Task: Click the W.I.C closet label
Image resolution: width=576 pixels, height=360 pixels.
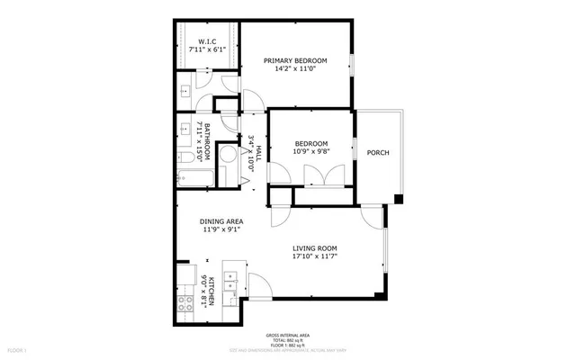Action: click(205, 42)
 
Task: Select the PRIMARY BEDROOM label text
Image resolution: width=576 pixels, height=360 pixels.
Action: click(294, 61)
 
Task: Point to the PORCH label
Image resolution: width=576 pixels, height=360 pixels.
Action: click(378, 153)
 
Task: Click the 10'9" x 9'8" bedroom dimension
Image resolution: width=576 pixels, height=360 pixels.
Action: click(310, 151)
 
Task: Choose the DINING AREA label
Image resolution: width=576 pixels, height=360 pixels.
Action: click(221, 220)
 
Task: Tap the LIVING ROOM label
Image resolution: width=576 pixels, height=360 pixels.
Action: click(314, 247)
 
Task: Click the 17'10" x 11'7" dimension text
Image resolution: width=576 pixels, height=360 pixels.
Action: click(314, 257)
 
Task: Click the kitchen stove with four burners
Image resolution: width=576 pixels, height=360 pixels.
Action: click(188, 304)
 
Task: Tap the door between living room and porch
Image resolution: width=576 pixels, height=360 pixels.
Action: click(371, 216)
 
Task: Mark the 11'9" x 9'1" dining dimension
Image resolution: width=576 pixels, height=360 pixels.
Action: click(221, 230)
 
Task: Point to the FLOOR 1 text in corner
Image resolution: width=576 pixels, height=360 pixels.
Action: click(17, 347)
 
